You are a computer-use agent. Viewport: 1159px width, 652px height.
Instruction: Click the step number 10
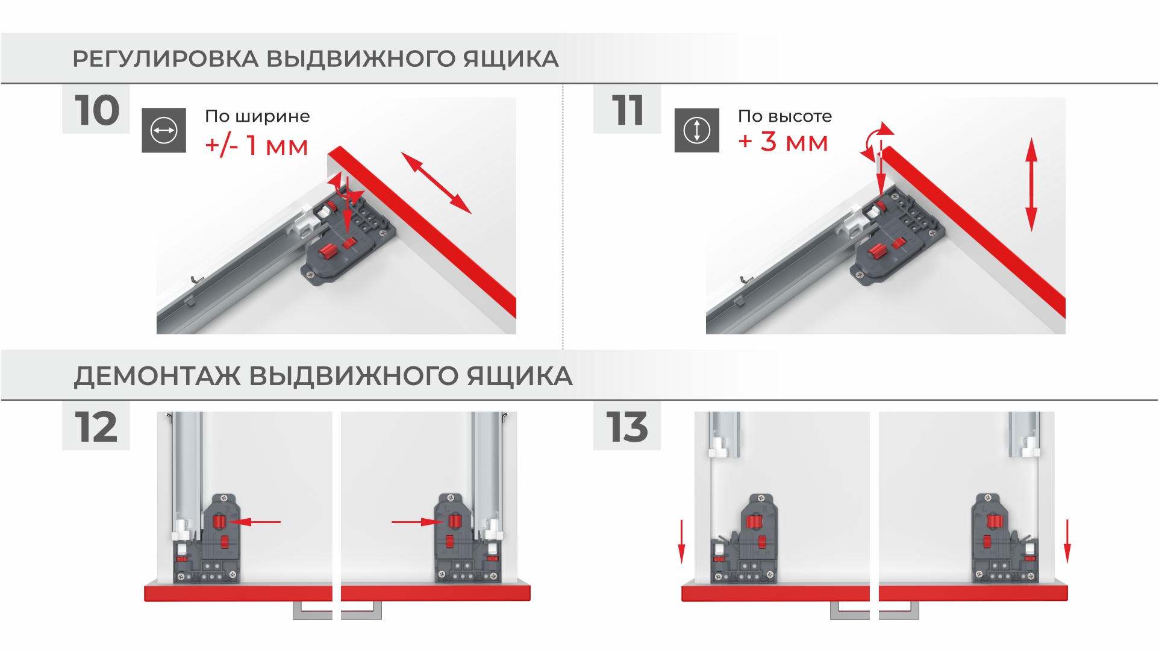click(97, 110)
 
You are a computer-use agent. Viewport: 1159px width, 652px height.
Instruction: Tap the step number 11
click(628, 110)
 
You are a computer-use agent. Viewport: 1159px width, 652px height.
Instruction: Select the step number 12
click(96, 427)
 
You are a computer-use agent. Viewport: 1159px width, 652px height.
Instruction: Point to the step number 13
click(627, 427)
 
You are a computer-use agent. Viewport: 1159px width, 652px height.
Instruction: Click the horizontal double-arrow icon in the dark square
click(164, 130)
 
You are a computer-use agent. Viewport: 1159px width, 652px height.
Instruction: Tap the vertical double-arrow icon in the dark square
click(697, 130)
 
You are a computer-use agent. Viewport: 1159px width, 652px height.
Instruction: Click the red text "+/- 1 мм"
click(257, 146)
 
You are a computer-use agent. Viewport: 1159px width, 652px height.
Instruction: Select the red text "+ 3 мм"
click(783, 142)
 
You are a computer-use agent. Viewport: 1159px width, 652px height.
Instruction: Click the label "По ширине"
click(257, 116)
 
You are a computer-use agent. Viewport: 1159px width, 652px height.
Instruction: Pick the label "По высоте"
click(785, 116)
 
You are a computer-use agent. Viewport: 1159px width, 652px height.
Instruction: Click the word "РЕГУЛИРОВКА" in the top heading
click(166, 59)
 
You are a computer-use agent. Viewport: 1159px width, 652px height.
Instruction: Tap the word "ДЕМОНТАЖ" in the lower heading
click(158, 376)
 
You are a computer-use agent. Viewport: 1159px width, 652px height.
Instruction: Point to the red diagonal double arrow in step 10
click(436, 183)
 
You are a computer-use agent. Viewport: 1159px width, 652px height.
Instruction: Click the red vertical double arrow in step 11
click(1031, 184)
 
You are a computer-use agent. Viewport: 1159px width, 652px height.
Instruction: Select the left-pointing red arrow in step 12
click(255, 522)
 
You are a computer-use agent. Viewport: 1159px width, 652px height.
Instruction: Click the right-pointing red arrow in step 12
click(418, 522)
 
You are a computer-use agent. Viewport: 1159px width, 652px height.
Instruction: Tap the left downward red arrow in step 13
click(681, 542)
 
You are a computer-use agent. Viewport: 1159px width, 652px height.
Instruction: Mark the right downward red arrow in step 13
click(1067, 542)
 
